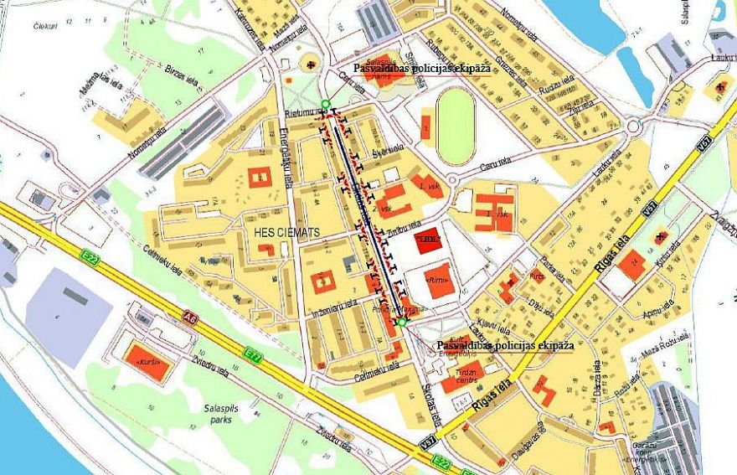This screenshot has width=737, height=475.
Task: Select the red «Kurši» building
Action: (x=147, y=360)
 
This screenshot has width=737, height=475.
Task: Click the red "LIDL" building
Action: (x=428, y=240)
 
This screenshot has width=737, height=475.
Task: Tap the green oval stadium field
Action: (x=455, y=126)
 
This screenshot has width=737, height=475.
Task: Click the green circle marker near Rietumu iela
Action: (x=325, y=105)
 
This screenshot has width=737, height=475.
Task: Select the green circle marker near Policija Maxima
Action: (x=402, y=323)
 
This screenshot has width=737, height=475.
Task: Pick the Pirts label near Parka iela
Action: (x=536, y=275)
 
